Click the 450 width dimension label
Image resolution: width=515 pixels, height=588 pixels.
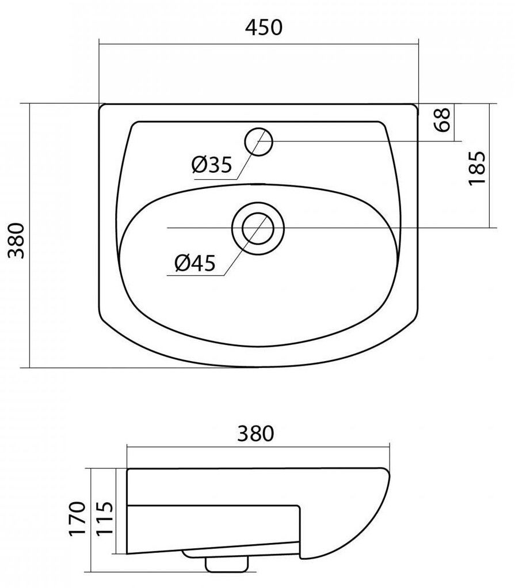pyautogui.click(x=264, y=28)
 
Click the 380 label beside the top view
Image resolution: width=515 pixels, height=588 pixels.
pyautogui.click(x=17, y=240)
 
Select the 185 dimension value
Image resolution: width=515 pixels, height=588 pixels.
pyautogui.click(x=477, y=168)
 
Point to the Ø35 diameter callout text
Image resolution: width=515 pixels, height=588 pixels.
pyautogui.click(x=212, y=165)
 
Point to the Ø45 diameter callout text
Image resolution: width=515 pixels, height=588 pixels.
pyautogui.click(x=195, y=263)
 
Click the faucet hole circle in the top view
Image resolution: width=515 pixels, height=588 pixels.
pyautogui.click(x=258, y=142)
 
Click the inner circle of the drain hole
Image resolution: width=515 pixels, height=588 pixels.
pyautogui.click(x=258, y=228)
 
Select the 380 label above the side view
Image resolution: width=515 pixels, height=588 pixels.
pyautogui.click(x=256, y=433)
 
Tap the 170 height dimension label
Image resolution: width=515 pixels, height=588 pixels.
pyautogui.click(x=78, y=519)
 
